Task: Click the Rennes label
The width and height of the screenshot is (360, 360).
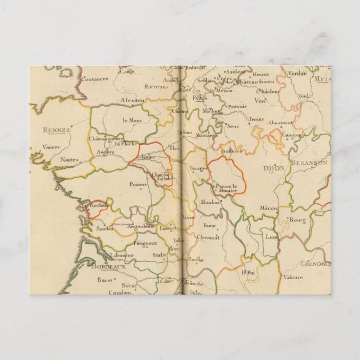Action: pos(56,130)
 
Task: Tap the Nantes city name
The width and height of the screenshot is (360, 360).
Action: pos(70,159)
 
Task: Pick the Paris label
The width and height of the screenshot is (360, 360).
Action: pos(200,98)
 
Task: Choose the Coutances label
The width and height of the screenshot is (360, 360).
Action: pos(94,79)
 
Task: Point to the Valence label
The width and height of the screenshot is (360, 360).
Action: pos(292,277)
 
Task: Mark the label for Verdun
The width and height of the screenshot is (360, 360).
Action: pos(296,73)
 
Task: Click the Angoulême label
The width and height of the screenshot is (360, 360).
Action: pos(140,226)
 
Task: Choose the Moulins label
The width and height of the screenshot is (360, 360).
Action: pos(210,201)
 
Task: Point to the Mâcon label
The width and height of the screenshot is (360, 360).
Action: pos(268,208)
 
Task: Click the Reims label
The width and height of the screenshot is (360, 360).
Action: pos(260,74)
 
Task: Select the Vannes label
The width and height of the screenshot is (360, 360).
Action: pos(51,147)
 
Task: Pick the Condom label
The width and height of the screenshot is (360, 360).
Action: pos(119,292)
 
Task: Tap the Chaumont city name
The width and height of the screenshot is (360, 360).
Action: pos(281,122)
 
